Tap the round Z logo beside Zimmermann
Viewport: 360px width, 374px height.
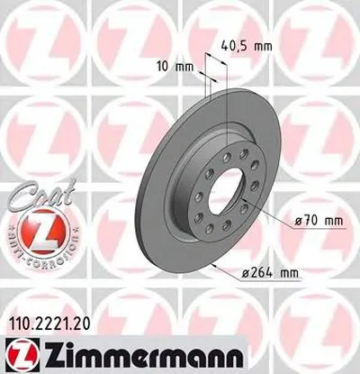tap(17, 354)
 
